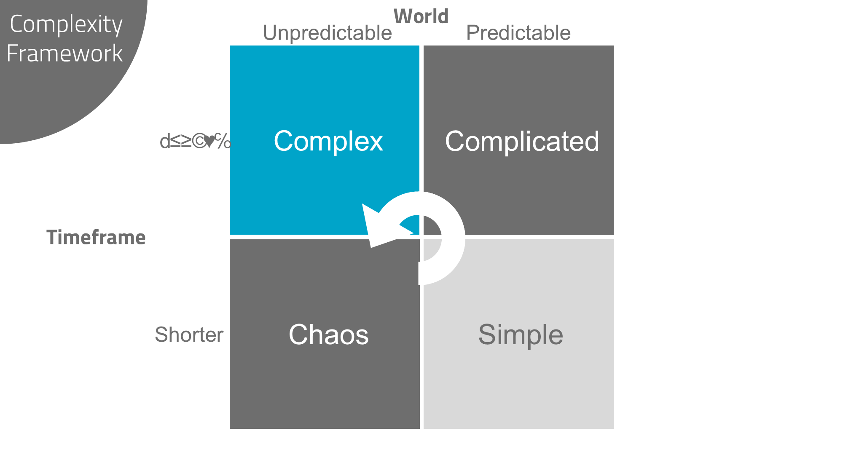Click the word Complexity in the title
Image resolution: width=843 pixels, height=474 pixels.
pos(66,24)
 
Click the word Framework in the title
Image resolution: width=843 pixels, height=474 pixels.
pos(64,54)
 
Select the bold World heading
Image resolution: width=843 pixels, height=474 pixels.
pos(421,17)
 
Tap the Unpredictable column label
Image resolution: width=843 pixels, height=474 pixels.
pos(327,33)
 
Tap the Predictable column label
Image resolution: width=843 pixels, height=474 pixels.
pos(518,33)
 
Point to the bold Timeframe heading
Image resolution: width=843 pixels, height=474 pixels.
pos(96,238)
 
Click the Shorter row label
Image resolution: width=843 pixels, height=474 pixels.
pos(189,335)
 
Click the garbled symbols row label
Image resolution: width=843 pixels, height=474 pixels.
pos(195,142)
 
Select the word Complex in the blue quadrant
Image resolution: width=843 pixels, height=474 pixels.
pos(328,141)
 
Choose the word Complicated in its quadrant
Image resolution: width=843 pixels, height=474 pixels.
pos(522,141)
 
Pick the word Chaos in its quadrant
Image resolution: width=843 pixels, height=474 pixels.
pos(328,335)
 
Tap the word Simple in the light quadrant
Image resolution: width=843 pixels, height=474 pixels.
pos(521,335)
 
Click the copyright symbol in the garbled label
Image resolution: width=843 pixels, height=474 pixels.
pos(199,142)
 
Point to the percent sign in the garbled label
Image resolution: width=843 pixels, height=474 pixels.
pos(223,141)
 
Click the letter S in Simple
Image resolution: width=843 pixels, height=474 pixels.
pos(487,335)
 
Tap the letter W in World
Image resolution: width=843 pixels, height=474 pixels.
pos(403,17)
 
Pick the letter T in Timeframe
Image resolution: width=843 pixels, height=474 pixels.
pos(52,238)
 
